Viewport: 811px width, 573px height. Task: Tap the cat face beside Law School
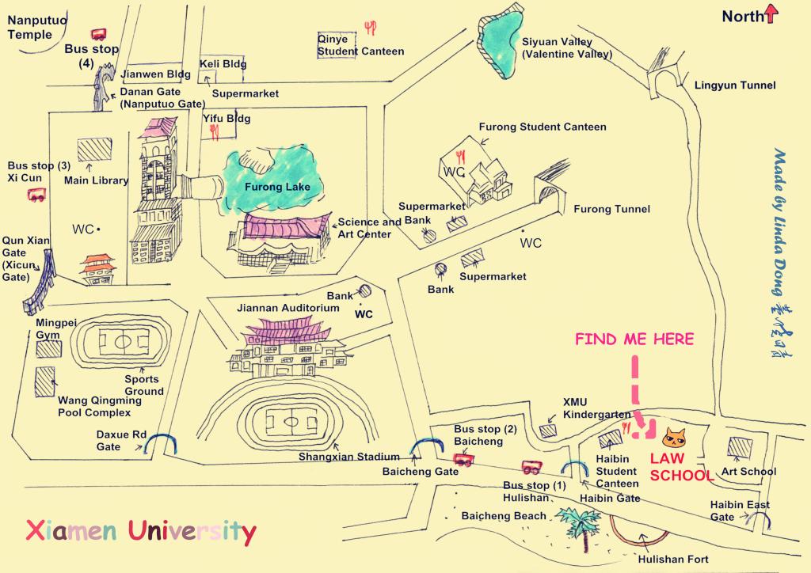click(x=674, y=437)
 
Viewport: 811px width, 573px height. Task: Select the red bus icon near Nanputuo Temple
click(x=99, y=34)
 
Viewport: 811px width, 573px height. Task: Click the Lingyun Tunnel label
click(x=734, y=85)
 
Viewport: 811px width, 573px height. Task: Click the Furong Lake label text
click(x=266, y=188)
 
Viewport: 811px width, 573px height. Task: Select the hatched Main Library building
click(x=94, y=150)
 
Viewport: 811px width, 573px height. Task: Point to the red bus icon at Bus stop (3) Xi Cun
click(x=36, y=195)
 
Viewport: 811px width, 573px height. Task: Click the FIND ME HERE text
click(x=634, y=340)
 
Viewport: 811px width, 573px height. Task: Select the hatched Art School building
click(x=739, y=447)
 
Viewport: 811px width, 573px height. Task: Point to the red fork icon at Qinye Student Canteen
click(x=370, y=28)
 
